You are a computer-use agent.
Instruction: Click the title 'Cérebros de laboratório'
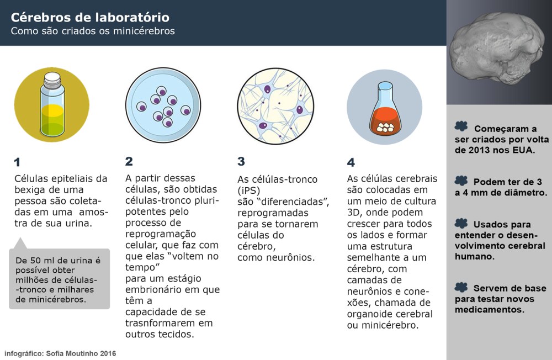point(90,17)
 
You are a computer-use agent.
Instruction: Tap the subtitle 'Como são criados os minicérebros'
point(93,31)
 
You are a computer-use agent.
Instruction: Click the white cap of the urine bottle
point(52,81)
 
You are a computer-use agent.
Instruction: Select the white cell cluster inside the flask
point(384,127)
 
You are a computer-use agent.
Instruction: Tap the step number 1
point(17,162)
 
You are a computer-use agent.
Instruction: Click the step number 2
point(129,161)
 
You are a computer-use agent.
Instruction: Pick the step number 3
point(241,161)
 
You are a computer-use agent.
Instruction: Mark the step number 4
point(351,162)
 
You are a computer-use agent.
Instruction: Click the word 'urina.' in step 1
point(76,224)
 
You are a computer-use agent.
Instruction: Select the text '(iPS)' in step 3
point(250,190)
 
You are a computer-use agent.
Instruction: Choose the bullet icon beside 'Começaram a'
point(461,126)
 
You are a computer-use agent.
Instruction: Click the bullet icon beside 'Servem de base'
point(461,287)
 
